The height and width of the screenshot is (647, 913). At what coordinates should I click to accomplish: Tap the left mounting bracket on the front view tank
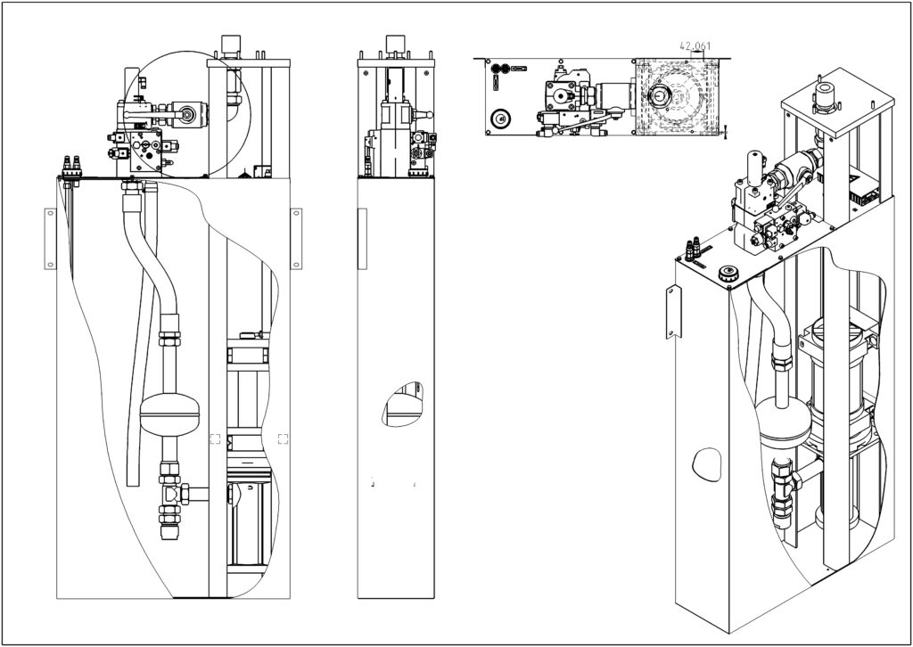(x=50, y=238)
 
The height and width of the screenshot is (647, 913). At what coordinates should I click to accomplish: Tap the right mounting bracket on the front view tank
(x=296, y=237)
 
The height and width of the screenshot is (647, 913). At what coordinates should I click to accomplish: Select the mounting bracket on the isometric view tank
(x=672, y=313)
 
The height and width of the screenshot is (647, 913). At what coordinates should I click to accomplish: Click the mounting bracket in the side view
(x=361, y=238)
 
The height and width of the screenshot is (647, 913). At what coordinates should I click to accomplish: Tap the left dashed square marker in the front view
(x=215, y=438)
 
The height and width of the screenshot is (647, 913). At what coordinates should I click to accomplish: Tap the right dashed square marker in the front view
(x=283, y=438)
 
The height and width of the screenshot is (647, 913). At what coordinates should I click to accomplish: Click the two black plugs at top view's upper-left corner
(x=503, y=67)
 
